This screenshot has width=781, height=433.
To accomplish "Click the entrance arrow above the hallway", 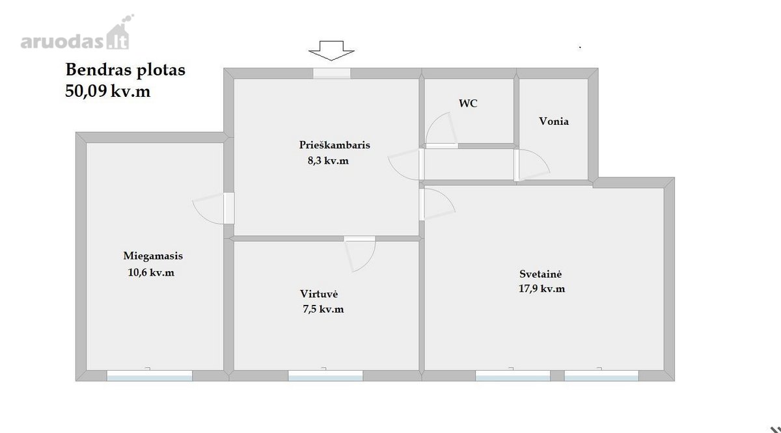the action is (x=331, y=51).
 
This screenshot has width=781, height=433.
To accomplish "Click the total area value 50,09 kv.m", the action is (x=108, y=91).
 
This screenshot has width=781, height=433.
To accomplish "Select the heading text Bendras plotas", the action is (x=125, y=70).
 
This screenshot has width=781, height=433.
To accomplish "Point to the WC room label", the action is (x=468, y=103).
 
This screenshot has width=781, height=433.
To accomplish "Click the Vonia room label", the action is (x=554, y=121).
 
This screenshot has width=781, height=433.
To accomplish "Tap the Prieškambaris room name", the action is (x=335, y=144).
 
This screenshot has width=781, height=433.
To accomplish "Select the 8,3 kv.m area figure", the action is (x=328, y=161).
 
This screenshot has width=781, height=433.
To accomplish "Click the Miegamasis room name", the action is (x=153, y=256).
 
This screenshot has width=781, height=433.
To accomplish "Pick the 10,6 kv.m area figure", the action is (x=151, y=272).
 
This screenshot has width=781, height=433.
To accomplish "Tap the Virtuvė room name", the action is (x=319, y=294).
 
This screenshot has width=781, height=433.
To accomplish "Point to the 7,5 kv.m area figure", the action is (x=323, y=309).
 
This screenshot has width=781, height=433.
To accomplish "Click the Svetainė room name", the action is (x=540, y=274).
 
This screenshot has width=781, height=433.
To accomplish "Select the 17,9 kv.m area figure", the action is (x=541, y=289).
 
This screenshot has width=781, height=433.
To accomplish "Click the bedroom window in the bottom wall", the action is (x=149, y=376).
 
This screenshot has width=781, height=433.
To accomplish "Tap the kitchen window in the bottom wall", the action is (x=325, y=376).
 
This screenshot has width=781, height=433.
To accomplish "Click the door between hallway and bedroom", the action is (x=213, y=208).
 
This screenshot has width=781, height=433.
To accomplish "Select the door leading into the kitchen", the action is (x=360, y=254).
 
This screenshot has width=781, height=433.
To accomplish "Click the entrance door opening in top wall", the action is (x=331, y=73).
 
